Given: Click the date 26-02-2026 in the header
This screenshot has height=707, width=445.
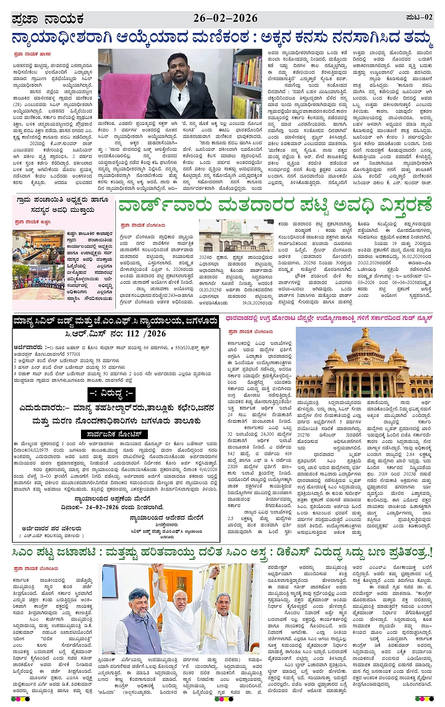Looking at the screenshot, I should pyautogui.click(x=226, y=18).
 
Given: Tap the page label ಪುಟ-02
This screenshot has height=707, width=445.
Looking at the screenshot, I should pyautogui.click(x=419, y=17).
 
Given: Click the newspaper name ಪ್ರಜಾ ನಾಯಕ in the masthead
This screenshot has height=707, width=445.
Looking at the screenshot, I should pyautogui.click(x=48, y=19).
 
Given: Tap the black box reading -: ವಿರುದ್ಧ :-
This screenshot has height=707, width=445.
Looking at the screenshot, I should pyautogui.click(x=112, y=393).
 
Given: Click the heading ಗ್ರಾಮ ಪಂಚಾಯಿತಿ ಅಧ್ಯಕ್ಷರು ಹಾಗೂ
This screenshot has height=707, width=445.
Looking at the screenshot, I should pyautogui.click(x=62, y=201).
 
